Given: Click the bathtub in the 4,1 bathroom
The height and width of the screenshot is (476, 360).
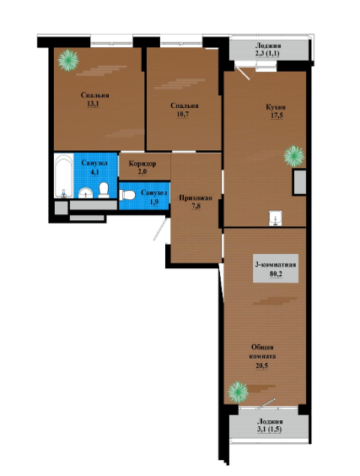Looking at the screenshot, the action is [x=64, y=176].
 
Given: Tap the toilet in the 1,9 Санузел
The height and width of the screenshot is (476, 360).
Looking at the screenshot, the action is [x=127, y=195].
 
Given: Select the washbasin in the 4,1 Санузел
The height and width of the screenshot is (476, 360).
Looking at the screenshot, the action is [x=85, y=192].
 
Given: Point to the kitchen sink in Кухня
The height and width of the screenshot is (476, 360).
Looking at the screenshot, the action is [x=275, y=219].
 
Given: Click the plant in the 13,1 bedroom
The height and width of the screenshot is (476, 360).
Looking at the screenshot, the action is [x=68, y=61].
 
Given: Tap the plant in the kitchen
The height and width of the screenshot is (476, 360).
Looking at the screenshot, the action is [x=293, y=156].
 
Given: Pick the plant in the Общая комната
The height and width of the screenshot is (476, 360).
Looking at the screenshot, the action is [x=238, y=392].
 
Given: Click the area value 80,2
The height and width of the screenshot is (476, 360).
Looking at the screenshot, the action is [x=276, y=274].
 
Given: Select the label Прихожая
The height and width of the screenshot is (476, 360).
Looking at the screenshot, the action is [x=196, y=198].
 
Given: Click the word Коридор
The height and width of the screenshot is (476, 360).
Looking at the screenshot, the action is [x=142, y=164].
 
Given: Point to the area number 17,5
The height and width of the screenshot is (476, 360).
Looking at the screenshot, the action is [x=277, y=116].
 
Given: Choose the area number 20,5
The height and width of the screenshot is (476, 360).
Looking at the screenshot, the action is [x=261, y=365].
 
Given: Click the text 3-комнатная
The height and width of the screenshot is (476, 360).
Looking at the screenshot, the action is [x=276, y=265].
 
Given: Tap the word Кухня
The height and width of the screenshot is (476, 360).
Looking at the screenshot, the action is [x=276, y=107].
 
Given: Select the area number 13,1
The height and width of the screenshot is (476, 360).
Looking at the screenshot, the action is [x=94, y=104].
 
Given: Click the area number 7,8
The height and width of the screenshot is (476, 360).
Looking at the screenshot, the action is [x=196, y=207].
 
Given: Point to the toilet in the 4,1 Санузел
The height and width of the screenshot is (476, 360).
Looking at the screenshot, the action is [x=104, y=191].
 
